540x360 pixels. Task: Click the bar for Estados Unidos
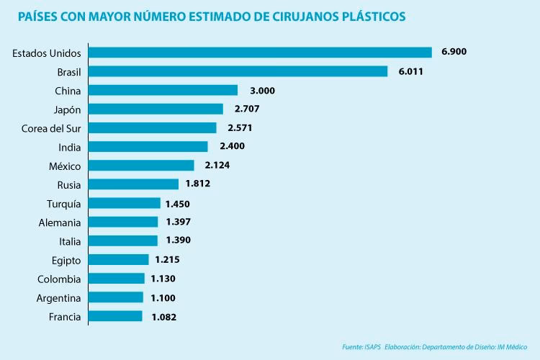coord(260,53)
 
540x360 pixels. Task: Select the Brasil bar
coord(238,71)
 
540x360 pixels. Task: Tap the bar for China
coord(163,90)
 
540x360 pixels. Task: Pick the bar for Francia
coord(115,316)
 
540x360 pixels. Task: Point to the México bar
coord(141,166)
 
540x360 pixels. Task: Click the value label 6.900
coord(455,53)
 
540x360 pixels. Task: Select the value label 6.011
coord(411,71)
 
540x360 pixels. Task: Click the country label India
coord(69,147)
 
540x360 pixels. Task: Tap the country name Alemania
coord(60,222)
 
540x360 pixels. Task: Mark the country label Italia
coord(70,241)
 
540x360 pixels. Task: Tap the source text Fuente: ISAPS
coord(362,347)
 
